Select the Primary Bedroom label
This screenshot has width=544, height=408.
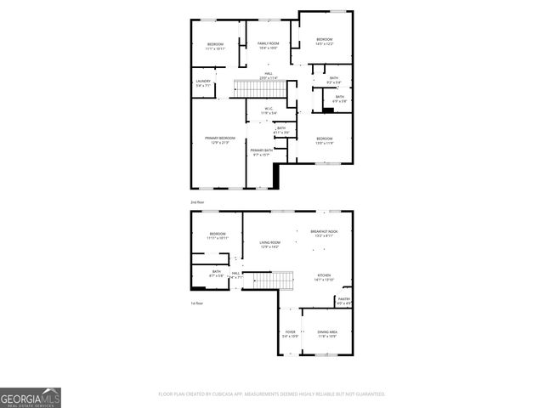coord(219,139)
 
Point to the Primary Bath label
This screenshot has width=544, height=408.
coord(260,152)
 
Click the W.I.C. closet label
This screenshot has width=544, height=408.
coord(268,110)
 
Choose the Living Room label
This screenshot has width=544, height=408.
coord(270,244)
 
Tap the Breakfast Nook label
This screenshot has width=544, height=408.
coord(324,233)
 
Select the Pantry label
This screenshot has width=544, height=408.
coord(344,300)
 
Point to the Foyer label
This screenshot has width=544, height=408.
coord(290,334)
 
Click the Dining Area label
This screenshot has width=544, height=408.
coord(327,334)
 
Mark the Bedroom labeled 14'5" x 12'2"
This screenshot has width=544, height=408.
coord(324,41)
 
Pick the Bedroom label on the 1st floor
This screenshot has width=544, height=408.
coord(218,235)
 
